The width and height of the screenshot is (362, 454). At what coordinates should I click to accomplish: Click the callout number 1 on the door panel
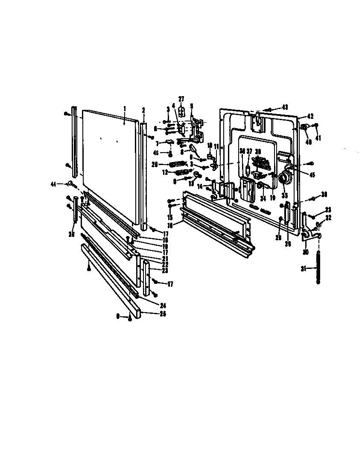click(x=125, y=109)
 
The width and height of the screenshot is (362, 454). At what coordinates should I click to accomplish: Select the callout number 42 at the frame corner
click(x=310, y=116)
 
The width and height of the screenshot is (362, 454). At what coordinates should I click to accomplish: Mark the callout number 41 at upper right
click(x=318, y=138)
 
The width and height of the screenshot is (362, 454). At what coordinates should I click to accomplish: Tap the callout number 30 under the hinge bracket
click(x=305, y=252)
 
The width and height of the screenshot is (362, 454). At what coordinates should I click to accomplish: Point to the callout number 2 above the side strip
click(x=143, y=109)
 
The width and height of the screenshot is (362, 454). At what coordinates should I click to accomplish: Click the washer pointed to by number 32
click(x=318, y=225)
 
